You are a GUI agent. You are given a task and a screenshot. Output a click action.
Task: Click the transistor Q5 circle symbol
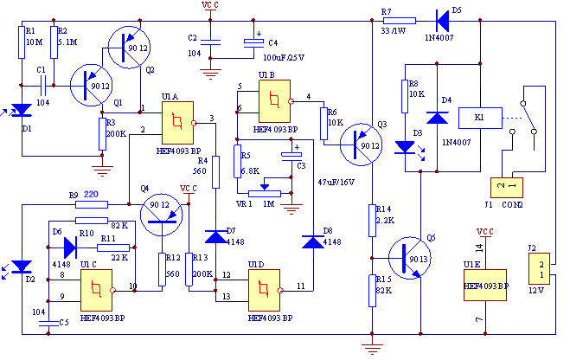409,259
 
